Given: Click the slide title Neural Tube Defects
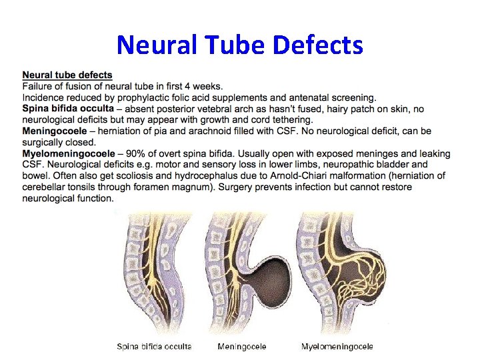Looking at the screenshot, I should [x=240, y=45].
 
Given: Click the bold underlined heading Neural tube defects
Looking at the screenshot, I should [x=67, y=75].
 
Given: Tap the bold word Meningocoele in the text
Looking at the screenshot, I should [x=54, y=131].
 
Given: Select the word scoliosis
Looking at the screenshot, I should [x=131, y=176].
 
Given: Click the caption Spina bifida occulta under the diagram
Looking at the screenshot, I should [x=153, y=347].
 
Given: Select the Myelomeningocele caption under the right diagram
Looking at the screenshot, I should [x=337, y=347].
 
